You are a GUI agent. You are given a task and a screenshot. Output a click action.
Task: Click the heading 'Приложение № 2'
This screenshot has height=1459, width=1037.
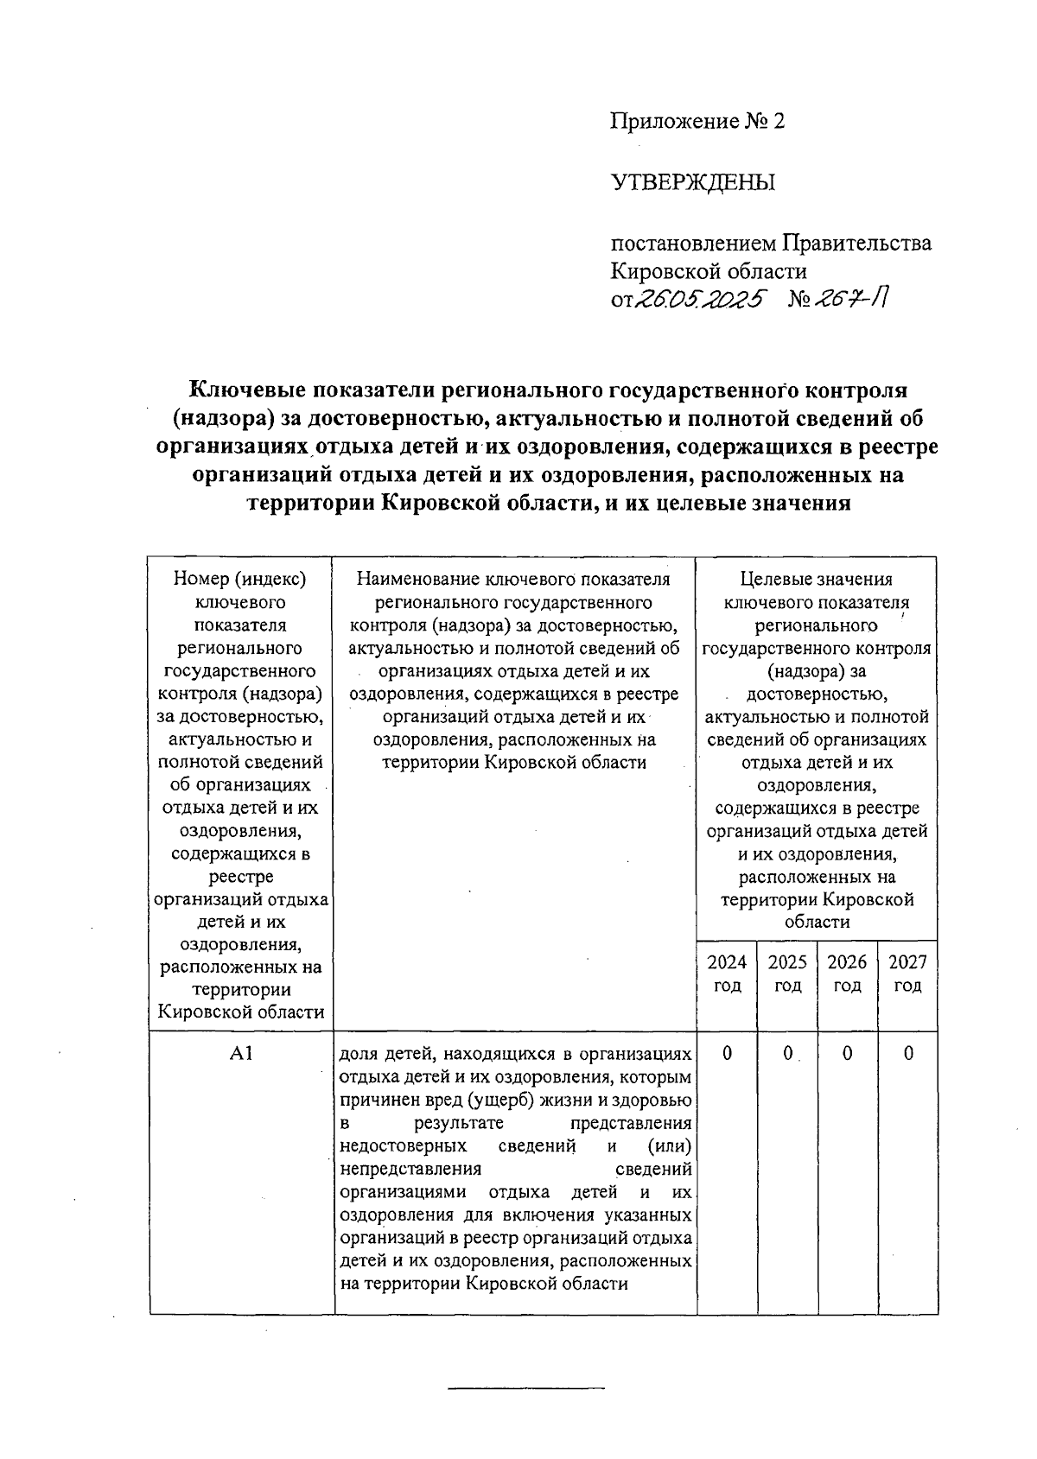697,122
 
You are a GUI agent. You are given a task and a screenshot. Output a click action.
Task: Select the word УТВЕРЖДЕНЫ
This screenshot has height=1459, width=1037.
693,183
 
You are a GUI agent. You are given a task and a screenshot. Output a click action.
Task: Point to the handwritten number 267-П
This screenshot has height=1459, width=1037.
854,299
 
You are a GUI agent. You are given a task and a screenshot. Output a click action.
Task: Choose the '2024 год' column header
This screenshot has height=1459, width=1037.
727,974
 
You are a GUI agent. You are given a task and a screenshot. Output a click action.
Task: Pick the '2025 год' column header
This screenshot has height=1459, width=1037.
787,974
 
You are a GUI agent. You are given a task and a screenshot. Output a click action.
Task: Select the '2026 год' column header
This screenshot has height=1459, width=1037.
847,974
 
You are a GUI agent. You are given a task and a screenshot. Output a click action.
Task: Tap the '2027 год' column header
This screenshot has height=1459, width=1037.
907,974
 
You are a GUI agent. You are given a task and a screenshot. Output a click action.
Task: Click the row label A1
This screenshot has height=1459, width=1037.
240,1054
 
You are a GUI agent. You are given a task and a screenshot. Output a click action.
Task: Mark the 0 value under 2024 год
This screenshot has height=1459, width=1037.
727,1054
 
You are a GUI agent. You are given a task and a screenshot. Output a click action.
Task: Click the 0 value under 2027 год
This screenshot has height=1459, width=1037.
907,1054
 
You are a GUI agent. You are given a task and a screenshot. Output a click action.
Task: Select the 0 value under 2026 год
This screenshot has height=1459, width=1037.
847,1054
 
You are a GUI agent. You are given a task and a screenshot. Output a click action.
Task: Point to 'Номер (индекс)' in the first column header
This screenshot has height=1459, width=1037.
240,580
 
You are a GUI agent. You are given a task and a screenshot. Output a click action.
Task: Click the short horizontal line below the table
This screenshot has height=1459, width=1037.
526,1388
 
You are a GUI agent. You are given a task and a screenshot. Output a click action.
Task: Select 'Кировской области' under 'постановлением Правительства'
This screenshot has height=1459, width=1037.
709,271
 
